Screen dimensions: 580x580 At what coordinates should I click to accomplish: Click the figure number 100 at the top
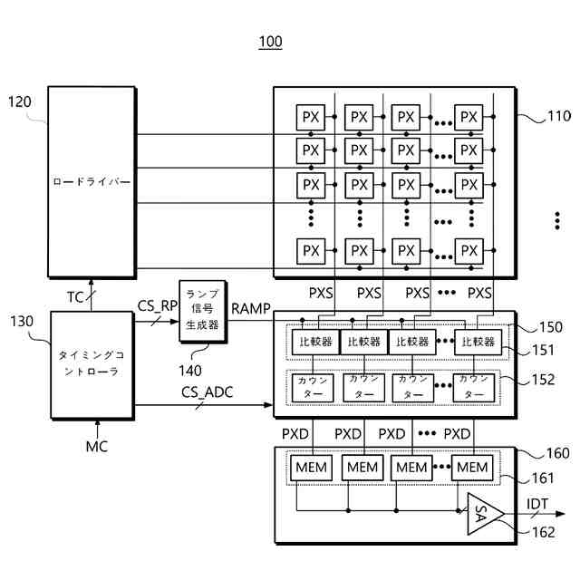coord(270,42)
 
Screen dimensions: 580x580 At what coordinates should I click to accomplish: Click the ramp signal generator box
coord(202,310)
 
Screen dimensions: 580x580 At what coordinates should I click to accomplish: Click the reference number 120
coord(20,101)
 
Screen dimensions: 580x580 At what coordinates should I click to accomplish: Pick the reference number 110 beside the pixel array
coord(558,116)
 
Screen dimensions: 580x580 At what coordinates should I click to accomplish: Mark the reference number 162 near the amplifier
coord(541,533)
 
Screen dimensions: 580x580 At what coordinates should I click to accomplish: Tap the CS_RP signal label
coord(157,305)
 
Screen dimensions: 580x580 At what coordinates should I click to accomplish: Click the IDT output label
coord(538,504)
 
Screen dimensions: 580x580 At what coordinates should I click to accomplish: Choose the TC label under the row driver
coord(77,296)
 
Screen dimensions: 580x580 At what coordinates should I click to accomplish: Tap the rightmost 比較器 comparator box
coord(478,342)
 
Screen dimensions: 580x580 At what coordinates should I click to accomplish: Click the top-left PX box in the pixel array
coord(311,117)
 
